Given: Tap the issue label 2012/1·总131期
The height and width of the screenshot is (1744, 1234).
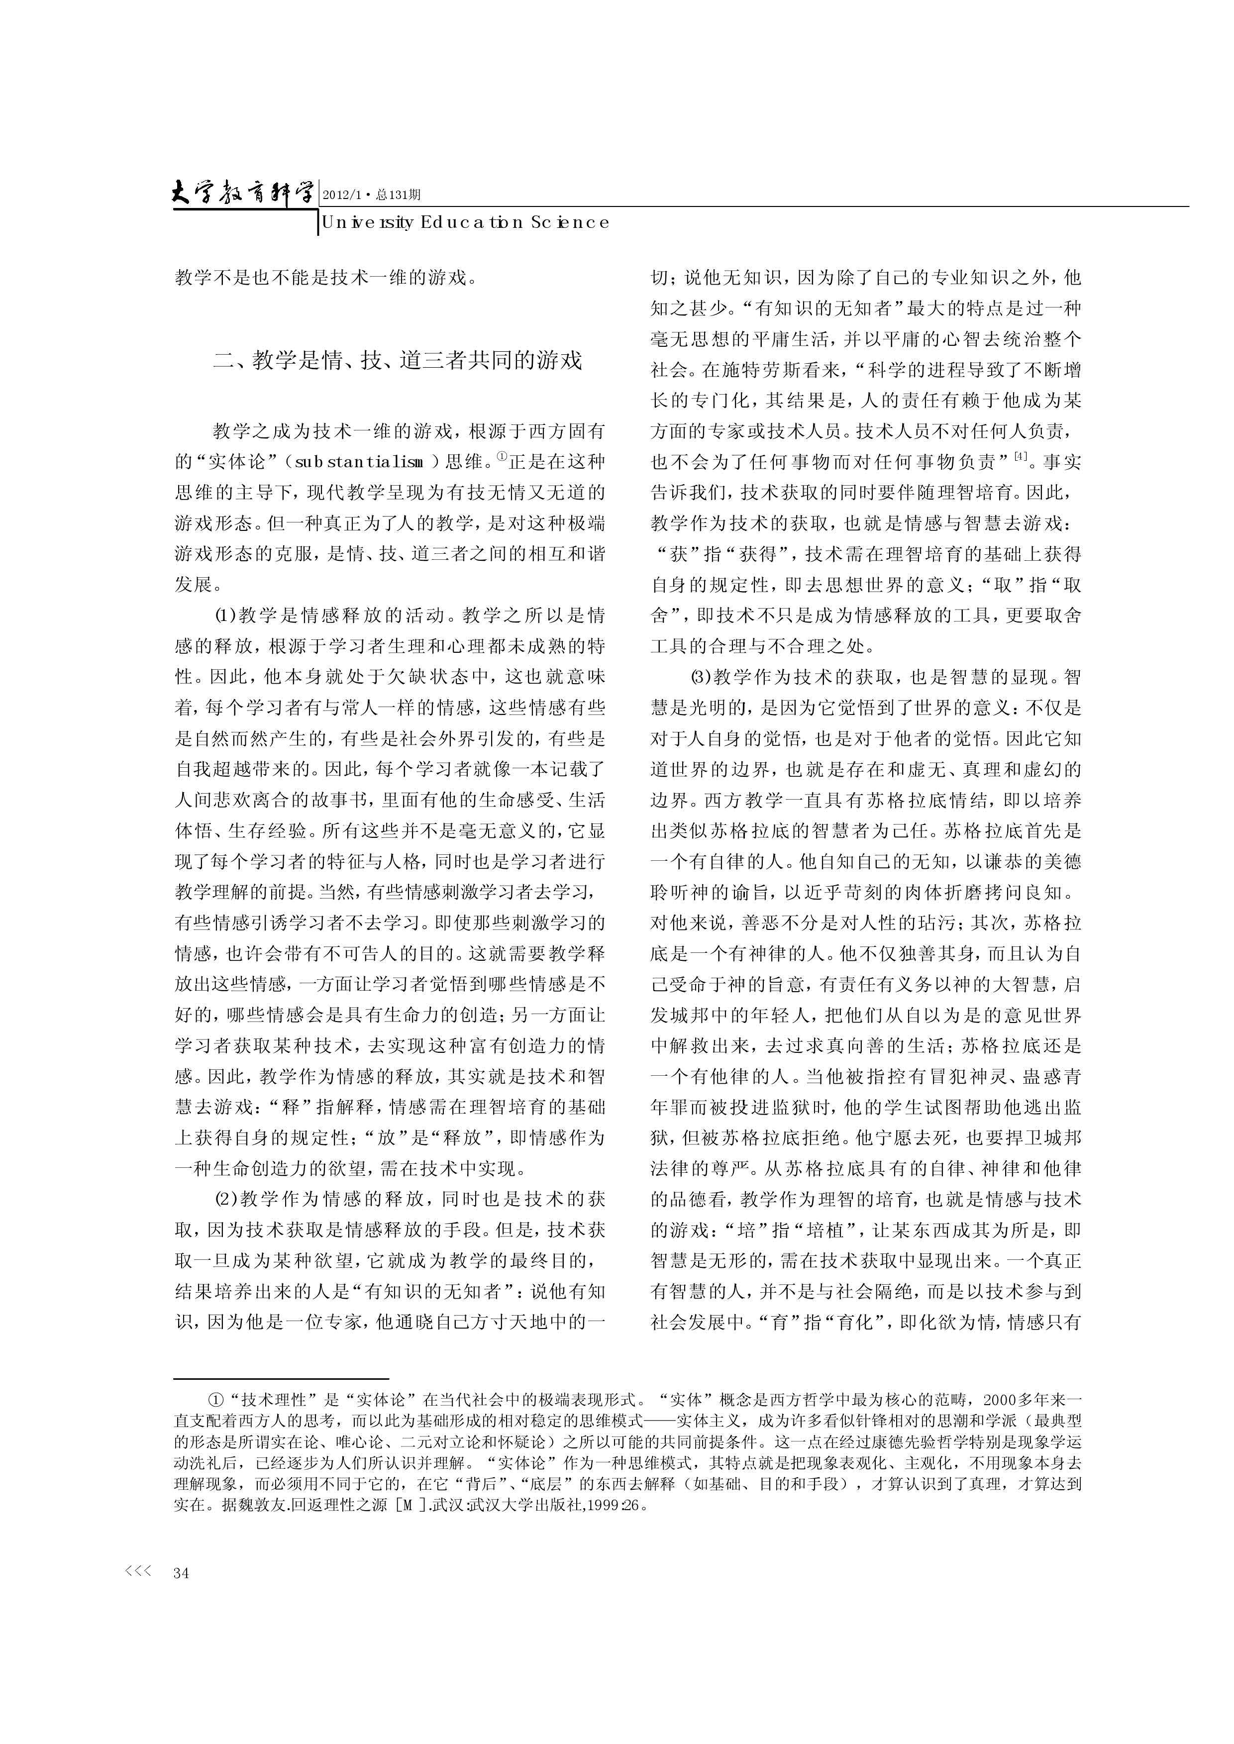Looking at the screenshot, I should point(372,195).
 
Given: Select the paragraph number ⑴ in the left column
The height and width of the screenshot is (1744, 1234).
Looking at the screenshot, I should point(226,616).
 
